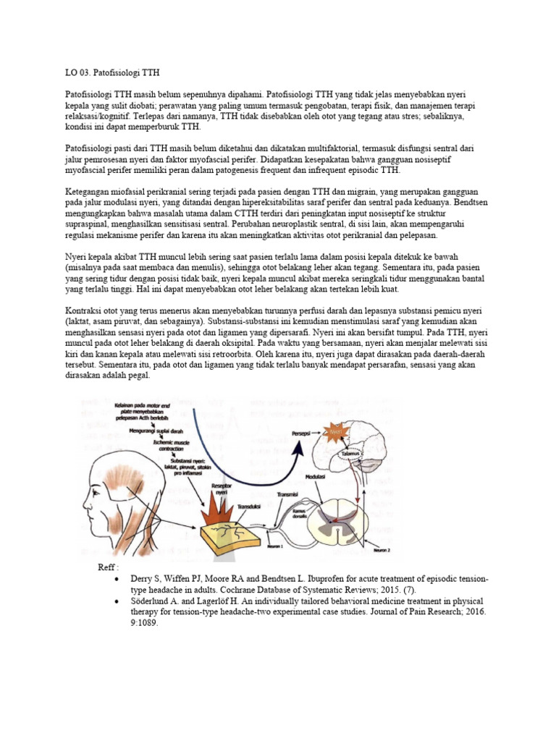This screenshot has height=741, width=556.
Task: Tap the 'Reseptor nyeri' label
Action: pos(218,489)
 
